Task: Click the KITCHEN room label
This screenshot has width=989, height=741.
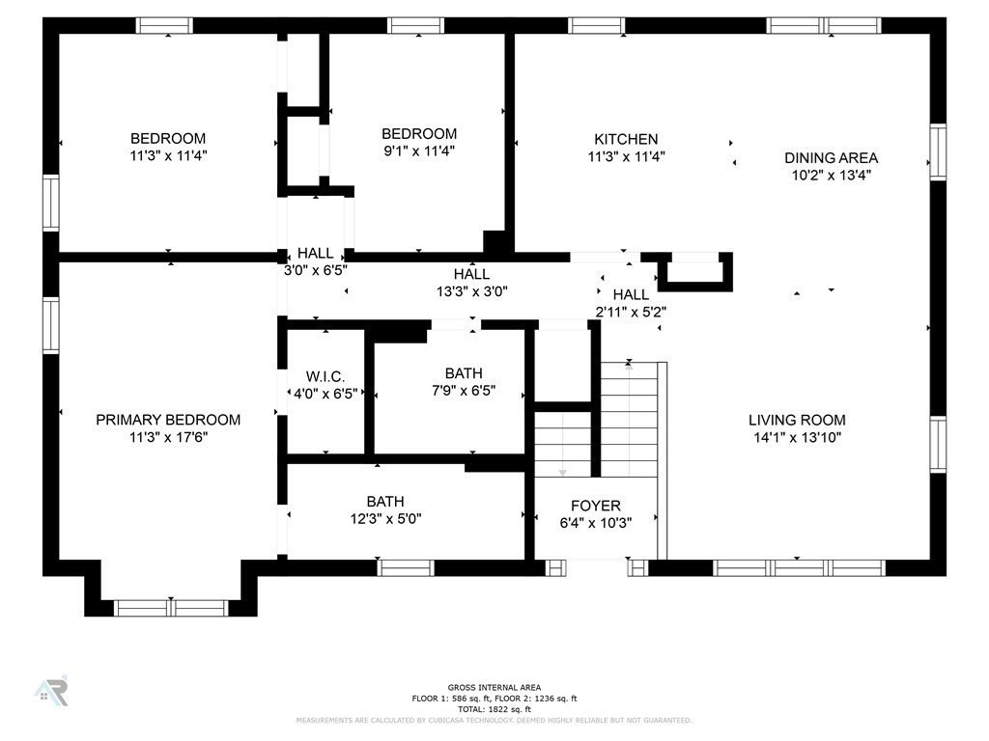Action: click(x=626, y=139)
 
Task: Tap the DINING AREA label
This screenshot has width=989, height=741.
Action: click(x=831, y=158)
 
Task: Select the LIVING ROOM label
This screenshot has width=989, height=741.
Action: click(x=797, y=421)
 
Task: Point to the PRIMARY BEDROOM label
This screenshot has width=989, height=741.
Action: click(x=168, y=420)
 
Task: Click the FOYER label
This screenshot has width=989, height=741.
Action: click(x=595, y=506)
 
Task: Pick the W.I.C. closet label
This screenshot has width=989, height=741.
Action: click(x=325, y=377)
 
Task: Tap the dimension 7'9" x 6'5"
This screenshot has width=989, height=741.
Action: click(x=464, y=391)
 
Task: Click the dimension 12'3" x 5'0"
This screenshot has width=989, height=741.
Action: click(x=385, y=518)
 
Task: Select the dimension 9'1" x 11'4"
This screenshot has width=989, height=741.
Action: click(x=419, y=151)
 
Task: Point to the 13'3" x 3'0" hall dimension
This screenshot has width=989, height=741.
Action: click(x=471, y=291)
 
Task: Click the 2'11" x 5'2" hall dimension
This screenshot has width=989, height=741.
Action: click(x=631, y=312)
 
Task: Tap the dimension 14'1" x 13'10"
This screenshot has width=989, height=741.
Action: click(x=797, y=437)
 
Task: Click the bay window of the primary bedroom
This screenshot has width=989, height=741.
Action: click(x=171, y=608)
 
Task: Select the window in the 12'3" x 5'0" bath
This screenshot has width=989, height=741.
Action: click(x=406, y=567)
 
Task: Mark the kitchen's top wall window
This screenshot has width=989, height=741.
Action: click(x=597, y=25)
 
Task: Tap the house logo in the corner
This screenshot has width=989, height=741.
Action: click(x=51, y=691)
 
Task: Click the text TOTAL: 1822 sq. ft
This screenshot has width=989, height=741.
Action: click(x=494, y=709)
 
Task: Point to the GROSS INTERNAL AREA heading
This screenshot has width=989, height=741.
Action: click(x=494, y=687)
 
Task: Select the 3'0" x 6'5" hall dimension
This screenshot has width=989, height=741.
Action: click(x=316, y=270)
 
